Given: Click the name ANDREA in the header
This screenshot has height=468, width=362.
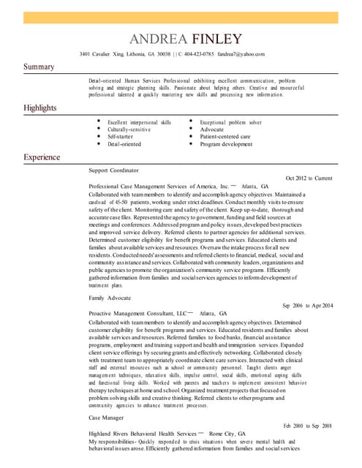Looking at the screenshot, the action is tap(159, 38).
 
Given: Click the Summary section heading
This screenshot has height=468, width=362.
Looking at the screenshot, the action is tap(39, 67).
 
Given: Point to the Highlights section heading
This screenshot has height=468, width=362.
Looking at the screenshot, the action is tap(40, 108).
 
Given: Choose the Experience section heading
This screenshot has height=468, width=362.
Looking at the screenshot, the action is tap(42, 157).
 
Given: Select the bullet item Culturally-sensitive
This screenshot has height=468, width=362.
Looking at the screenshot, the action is tap(129, 129).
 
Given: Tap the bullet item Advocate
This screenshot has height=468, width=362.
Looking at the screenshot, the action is tap(212, 129).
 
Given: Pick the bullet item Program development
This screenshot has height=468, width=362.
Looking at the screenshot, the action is tap(226, 144).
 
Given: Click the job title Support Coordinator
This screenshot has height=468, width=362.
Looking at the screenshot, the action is tap(113, 170).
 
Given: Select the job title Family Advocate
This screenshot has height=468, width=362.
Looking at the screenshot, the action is tap(110, 298).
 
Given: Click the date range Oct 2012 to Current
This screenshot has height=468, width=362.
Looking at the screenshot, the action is tap(309, 178).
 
